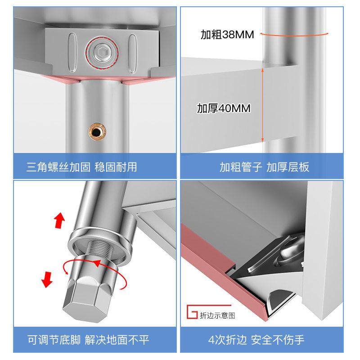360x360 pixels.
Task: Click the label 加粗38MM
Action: pyautogui.click(x=227, y=35)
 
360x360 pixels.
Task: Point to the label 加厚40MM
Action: pyautogui.click(x=224, y=108)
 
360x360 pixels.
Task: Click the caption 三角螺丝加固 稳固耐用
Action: pyautogui.click(x=81, y=167)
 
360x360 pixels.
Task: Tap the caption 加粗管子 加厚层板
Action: pyautogui.click(x=264, y=167)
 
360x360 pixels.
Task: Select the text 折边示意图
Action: pyautogui.click(x=217, y=315)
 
